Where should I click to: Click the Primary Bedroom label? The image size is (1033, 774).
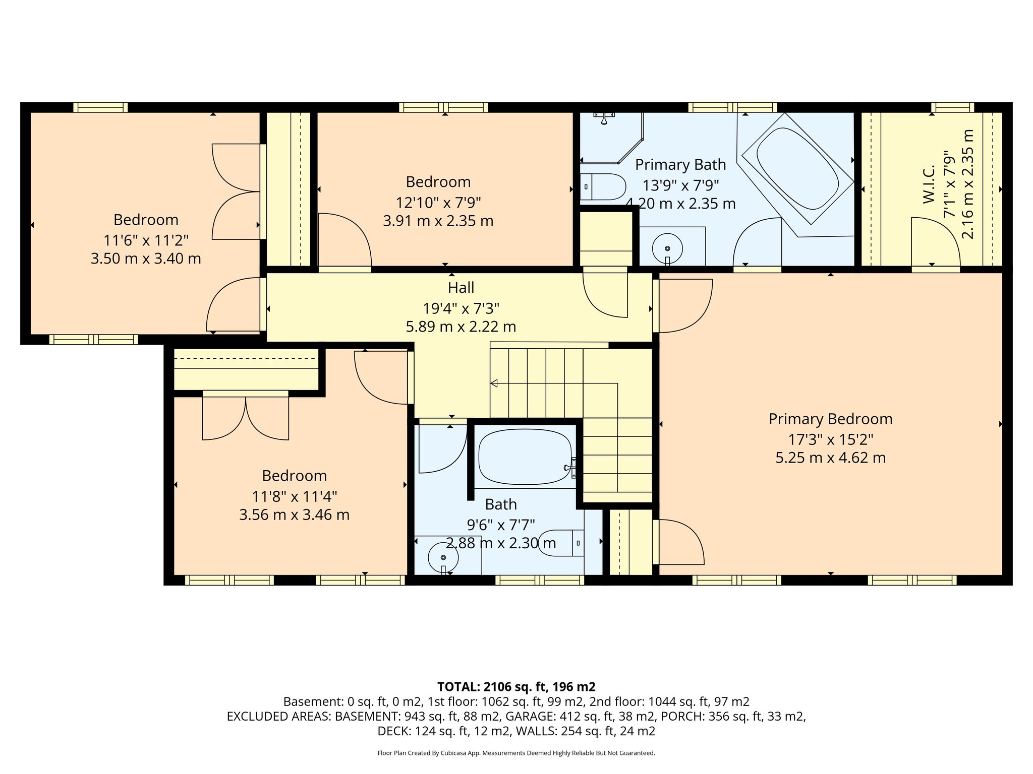coord(830,419)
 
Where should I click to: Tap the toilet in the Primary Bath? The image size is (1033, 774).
coord(603,187)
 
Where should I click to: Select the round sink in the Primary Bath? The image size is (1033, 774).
coord(667,248)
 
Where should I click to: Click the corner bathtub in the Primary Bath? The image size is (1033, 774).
coord(797,169)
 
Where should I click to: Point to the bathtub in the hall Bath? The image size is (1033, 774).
coord(525,457)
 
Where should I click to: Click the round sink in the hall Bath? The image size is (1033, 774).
coord(443,557)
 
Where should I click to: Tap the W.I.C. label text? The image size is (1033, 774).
coord(929,184)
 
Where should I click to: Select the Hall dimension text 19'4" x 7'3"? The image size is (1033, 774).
coord(461,308)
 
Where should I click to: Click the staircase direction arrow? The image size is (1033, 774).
coord(494,383)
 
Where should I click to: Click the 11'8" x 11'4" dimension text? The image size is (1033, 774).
coord(294,496)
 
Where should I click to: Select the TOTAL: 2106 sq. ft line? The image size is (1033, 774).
coord(516,686)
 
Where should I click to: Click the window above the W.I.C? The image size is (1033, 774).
coord(952,107)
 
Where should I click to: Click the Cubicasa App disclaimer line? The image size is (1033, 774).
coord(516,753)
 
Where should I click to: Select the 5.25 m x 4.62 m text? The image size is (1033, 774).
coord(830,458)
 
